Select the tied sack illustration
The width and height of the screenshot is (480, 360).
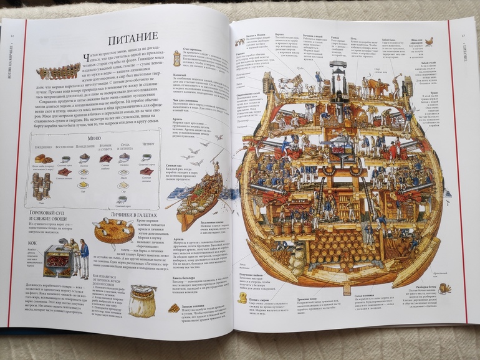tap(143, 299)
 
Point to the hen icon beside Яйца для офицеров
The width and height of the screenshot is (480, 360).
tap(430, 42)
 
